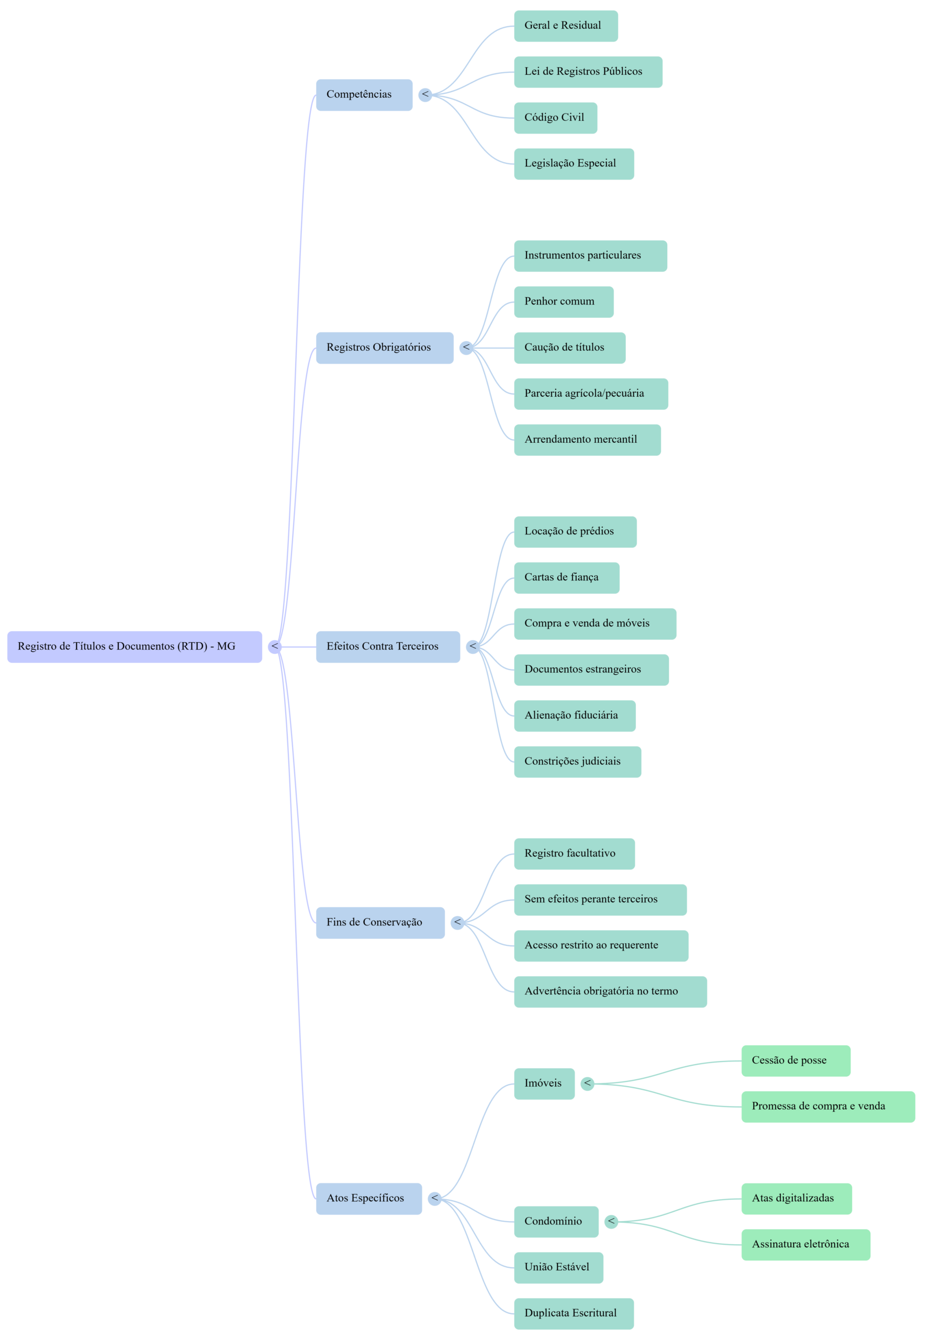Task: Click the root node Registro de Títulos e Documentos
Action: [x=134, y=646]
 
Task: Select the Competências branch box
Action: [x=364, y=95]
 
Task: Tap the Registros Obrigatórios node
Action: [x=384, y=348]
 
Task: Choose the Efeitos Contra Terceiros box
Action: [x=388, y=646]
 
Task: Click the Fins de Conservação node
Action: [x=380, y=923]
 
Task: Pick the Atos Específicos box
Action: [x=369, y=1199]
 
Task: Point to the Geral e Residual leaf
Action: [x=565, y=26]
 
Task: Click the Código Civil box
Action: [x=555, y=118]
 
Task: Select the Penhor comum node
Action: [x=563, y=301]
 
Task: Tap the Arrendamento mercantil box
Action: [x=587, y=440]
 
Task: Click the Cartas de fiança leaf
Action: [x=566, y=578]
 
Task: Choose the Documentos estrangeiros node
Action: [x=591, y=669]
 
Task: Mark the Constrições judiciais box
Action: [x=577, y=762]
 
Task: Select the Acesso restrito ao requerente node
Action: [x=601, y=945]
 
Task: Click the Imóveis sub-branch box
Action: [x=544, y=1084]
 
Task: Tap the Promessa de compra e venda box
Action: [x=827, y=1107]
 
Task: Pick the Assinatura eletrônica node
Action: [x=805, y=1245]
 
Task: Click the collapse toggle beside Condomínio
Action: [x=611, y=1222]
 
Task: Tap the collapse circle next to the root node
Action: [x=275, y=646]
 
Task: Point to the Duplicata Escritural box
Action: [x=574, y=1314]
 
